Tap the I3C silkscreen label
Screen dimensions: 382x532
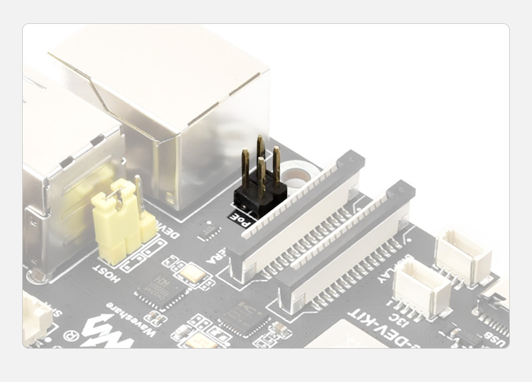(403, 321)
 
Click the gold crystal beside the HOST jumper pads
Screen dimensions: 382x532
(192, 273)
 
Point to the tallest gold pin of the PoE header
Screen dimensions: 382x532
(260, 153)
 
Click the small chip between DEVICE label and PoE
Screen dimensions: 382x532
(209, 230)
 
